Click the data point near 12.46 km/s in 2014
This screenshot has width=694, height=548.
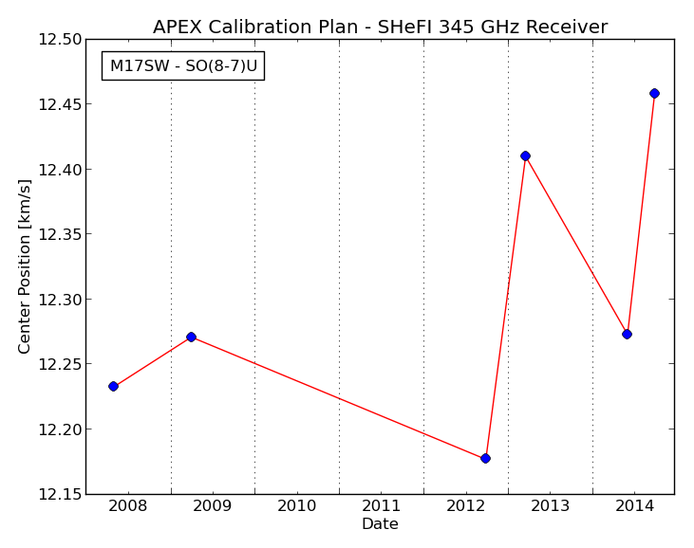[654, 93]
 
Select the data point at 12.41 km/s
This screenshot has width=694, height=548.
[525, 155]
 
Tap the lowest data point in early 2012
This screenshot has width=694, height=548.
[485, 458]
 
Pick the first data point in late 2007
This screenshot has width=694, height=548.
[113, 386]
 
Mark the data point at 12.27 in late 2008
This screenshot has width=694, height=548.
[191, 337]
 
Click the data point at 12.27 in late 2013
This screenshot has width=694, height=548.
[627, 334]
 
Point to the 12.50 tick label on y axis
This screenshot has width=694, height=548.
[60, 39]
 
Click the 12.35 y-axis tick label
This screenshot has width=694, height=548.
[60, 234]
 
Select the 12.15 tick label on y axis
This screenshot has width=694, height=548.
[60, 494]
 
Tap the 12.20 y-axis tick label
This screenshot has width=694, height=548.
[60, 429]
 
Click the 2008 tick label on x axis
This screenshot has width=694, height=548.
[128, 505]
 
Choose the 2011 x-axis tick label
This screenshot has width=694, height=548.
[382, 505]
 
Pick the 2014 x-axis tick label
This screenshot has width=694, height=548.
[635, 505]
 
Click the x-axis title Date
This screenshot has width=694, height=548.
[380, 523]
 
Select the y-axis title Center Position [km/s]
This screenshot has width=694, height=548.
[25, 266]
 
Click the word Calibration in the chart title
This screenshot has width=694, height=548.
[283, 27]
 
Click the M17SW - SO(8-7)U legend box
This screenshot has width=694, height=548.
[183, 65]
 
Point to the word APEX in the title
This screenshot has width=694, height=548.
[177, 27]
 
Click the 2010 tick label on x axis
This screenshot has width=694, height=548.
[297, 505]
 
